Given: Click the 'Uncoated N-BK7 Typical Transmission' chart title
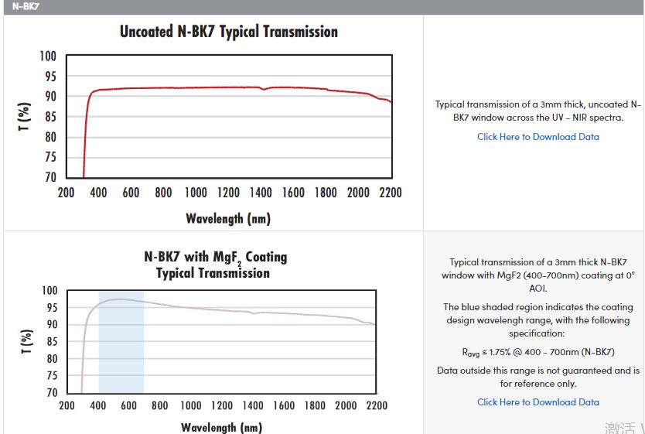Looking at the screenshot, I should tap(228, 32).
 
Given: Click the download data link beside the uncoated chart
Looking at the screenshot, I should tap(537, 137).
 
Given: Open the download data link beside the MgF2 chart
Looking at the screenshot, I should tap(537, 402).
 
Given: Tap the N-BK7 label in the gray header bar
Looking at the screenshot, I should tap(26, 6).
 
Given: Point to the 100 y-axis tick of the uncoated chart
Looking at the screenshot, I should tap(48, 56).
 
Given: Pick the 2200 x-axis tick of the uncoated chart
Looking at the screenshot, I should tap(391, 193).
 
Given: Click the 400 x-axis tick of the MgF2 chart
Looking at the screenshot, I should tap(98, 406).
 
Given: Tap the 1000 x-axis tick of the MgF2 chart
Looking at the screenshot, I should tap(191, 406).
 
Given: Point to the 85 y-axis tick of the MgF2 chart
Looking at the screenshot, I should tap(49, 342).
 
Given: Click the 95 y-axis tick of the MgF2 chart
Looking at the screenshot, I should tap(49, 308).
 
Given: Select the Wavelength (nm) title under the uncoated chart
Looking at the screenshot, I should tap(228, 219).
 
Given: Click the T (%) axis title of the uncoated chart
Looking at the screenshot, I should tap(25, 116).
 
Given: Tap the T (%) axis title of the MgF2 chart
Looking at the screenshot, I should tap(26, 341).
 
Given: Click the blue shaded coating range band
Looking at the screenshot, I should tap(121, 348).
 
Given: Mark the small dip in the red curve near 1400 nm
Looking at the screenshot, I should tap(264, 90).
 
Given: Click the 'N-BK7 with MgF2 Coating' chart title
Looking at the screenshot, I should tap(215, 258).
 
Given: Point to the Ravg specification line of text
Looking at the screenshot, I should tap(537, 352).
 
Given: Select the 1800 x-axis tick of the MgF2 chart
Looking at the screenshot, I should tap(315, 406).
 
